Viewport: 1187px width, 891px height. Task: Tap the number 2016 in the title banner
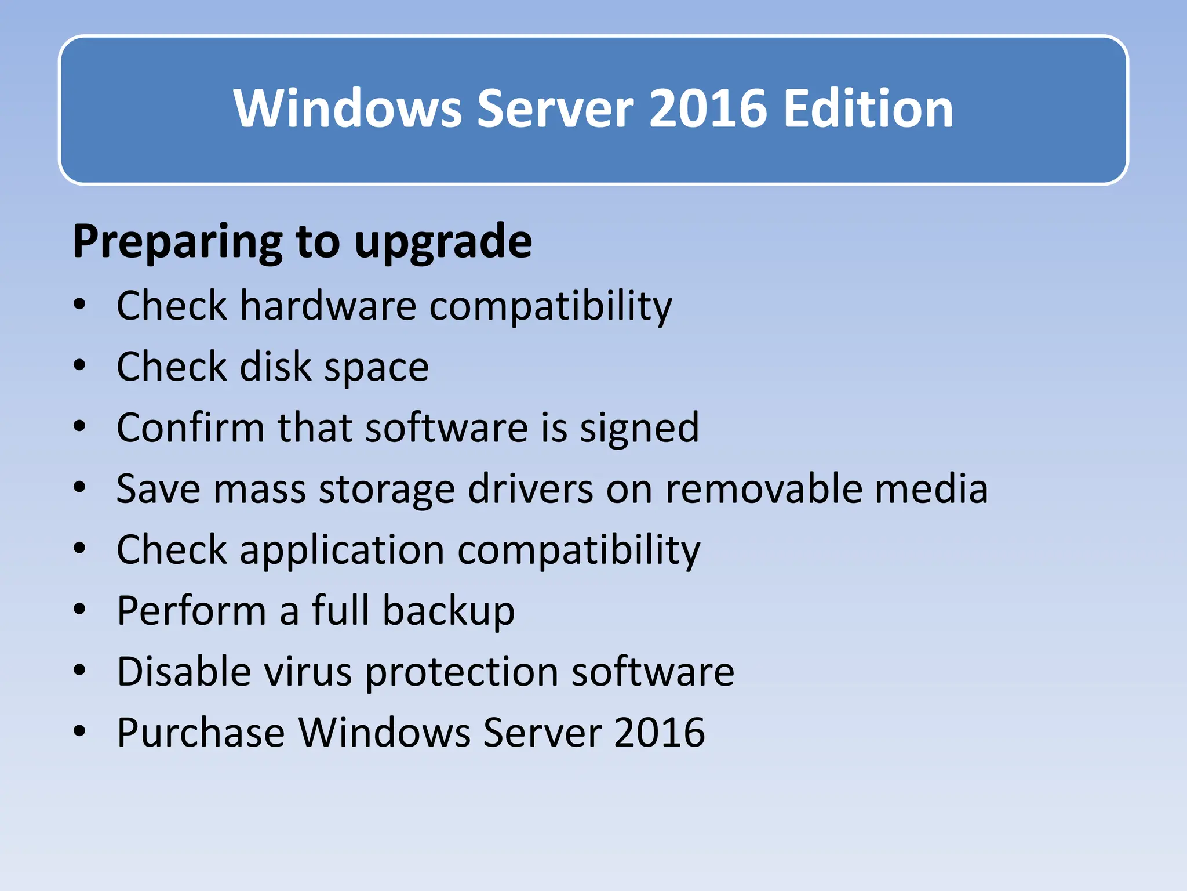click(709, 108)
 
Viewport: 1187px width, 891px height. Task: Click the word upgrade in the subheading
click(443, 242)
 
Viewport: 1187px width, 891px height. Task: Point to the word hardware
click(328, 306)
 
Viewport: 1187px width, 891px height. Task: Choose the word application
click(342, 550)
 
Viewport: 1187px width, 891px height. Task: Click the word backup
click(448, 611)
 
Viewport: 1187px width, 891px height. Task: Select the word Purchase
click(201, 733)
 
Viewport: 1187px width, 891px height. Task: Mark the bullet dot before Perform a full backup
click(80, 609)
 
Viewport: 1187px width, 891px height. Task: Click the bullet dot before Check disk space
click(80, 365)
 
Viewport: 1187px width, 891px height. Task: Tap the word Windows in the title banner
click(348, 108)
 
